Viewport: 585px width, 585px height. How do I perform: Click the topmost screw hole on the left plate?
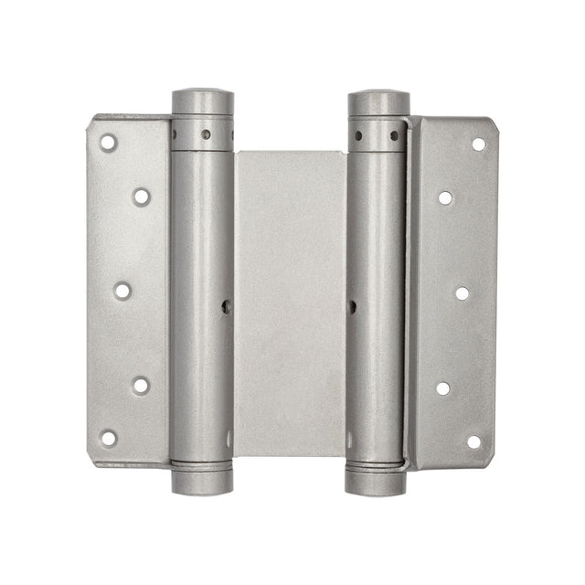[x=108, y=143]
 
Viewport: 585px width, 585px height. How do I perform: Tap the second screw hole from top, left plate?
[x=141, y=196]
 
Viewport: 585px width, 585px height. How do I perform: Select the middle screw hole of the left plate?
[x=122, y=291]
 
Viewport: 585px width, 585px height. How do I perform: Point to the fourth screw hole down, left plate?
[x=140, y=385]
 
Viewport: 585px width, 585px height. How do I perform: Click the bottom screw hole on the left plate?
[x=108, y=438]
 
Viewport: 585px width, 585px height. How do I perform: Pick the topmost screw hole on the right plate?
[x=478, y=144]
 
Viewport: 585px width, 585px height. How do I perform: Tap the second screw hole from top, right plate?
[x=445, y=197]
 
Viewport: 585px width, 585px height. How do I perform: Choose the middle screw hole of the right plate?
[x=463, y=293]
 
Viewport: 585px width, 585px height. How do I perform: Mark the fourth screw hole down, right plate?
[x=443, y=388]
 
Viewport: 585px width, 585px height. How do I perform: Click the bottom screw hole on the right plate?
[x=473, y=441]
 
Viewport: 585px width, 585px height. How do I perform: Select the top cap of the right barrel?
[x=378, y=101]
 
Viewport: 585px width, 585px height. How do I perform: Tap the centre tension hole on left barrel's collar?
[x=207, y=134]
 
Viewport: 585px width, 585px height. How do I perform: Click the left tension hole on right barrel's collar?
[x=357, y=135]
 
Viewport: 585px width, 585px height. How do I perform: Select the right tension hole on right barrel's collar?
[x=395, y=135]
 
